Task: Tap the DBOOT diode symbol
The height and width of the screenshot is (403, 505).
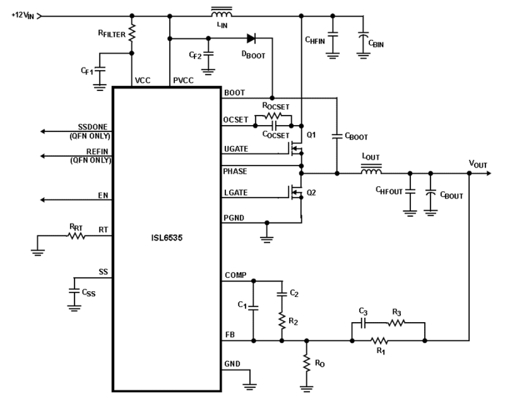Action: click(x=251, y=39)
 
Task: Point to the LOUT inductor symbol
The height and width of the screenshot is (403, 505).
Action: click(x=371, y=172)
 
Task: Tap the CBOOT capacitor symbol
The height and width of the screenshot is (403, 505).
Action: click(x=337, y=137)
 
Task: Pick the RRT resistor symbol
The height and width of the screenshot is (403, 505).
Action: click(x=76, y=236)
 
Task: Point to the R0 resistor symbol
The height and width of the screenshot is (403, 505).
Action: click(x=306, y=363)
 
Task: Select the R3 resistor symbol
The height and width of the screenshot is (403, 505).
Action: click(x=396, y=322)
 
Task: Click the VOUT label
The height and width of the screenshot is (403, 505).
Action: click(x=478, y=164)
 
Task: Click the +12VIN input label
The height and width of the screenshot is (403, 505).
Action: click(x=23, y=15)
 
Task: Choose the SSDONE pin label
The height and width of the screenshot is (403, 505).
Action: click(x=92, y=127)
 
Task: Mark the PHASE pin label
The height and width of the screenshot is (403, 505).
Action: click(x=235, y=171)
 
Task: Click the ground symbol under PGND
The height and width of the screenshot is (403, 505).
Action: click(x=266, y=239)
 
